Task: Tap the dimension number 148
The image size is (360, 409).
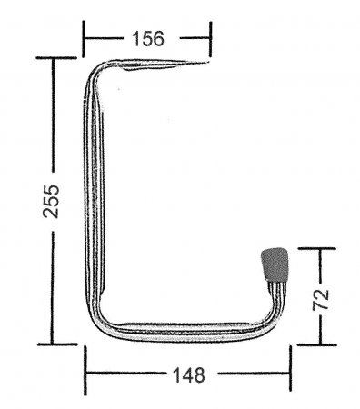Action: click(187, 373)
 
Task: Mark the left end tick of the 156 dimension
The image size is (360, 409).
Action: click(85, 38)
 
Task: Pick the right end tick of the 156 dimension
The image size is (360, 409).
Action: click(211, 38)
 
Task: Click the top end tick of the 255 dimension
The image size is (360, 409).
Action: click(53, 57)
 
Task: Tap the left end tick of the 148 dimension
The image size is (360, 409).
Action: click(86, 372)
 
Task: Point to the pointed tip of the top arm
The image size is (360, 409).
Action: click(208, 62)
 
